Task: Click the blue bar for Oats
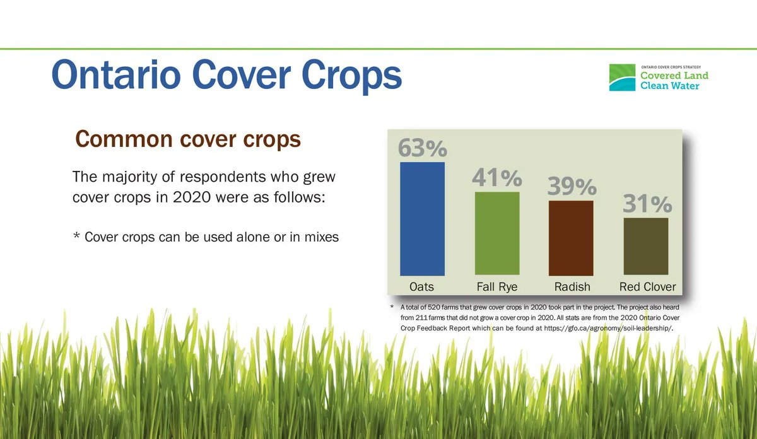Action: click(422, 218)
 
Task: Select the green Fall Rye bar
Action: click(497, 233)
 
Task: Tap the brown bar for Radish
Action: click(571, 238)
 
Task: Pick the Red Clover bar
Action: click(645, 246)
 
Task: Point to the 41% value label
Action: click(497, 178)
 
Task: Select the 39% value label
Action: click(572, 187)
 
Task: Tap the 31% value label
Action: click(647, 204)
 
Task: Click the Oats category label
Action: click(421, 286)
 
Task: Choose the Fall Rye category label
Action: click(497, 286)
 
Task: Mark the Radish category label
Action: click(572, 286)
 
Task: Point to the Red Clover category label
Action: click(647, 286)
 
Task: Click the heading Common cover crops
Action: click(187, 139)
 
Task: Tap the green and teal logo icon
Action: click(621, 78)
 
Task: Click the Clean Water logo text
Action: click(669, 86)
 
